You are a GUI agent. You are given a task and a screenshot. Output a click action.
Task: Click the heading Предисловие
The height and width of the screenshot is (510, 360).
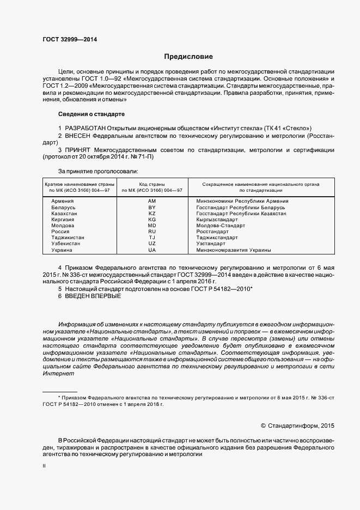(x=188, y=57)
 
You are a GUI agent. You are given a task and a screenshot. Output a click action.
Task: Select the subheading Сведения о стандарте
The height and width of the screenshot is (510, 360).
(x=91, y=114)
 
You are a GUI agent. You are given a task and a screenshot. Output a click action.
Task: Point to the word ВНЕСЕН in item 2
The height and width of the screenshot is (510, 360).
(x=79, y=135)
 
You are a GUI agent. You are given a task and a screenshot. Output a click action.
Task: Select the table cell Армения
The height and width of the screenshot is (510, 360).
(x=62, y=201)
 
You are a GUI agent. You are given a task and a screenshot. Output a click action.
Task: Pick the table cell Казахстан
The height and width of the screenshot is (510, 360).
(x=64, y=214)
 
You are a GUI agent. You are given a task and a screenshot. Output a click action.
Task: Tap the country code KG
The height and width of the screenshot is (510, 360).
(x=152, y=220)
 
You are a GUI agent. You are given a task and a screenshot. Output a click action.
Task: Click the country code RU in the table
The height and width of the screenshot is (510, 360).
(x=152, y=232)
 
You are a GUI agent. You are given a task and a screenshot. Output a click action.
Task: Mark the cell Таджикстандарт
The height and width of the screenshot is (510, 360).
(x=217, y=238)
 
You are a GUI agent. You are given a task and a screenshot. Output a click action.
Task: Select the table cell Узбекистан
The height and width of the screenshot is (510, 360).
(x=65, y=244)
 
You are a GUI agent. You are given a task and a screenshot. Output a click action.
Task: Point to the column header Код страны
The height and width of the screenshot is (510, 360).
(x=152, y=184)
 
